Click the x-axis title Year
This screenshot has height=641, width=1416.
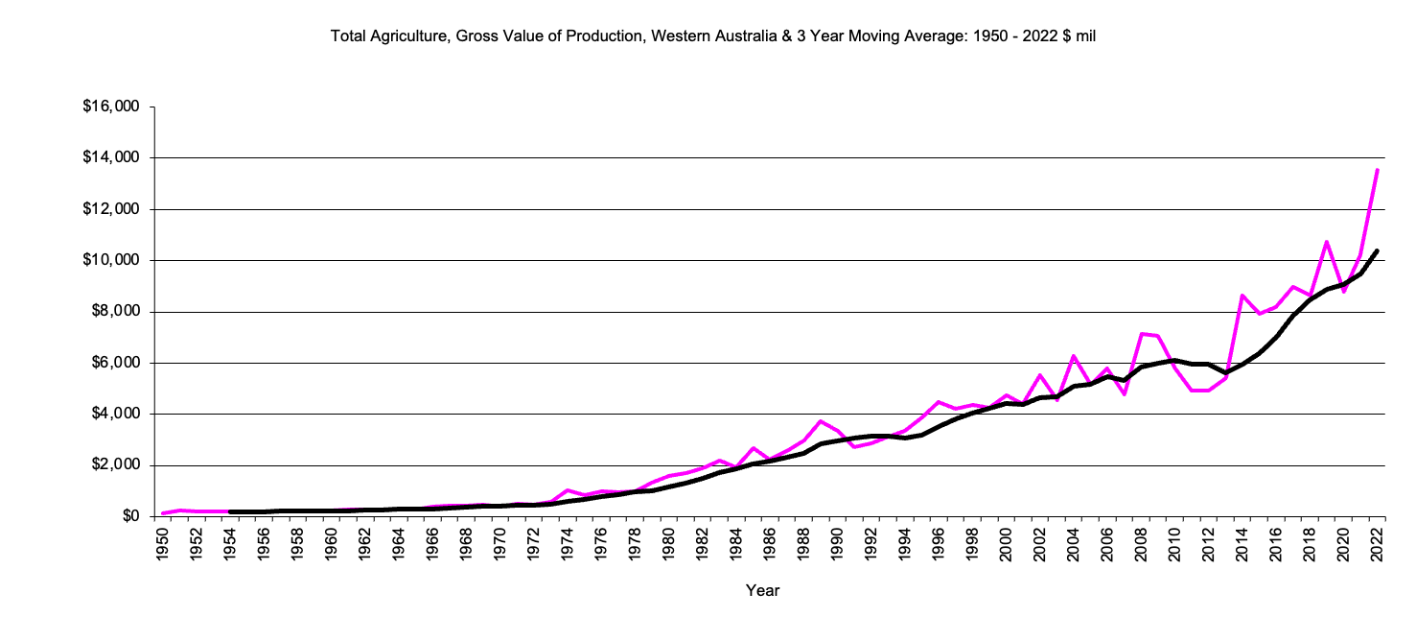(762, 591)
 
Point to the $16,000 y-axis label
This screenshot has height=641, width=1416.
(112, 107)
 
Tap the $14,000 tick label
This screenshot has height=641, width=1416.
(112, 157)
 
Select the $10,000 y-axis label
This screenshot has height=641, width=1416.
(112, 260)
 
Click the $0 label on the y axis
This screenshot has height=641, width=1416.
(129, 516)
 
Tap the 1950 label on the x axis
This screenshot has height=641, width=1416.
(162, 543)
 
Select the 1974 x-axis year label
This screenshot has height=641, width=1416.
(568, 543)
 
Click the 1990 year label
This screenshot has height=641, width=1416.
(838, 543)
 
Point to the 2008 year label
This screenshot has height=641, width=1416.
(1142, 543)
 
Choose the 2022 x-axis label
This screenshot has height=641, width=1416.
(1378, 543)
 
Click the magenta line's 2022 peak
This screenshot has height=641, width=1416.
(1378, 170)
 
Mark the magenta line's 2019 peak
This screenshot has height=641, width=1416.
(1327, 242)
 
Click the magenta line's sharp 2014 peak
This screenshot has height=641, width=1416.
(1242, 296)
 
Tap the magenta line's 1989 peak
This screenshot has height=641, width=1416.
(821, 421)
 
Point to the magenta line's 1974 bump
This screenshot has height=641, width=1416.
(568, 490)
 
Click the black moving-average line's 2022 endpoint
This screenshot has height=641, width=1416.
(1378, 250)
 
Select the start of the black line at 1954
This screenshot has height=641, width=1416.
(230, 511)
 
